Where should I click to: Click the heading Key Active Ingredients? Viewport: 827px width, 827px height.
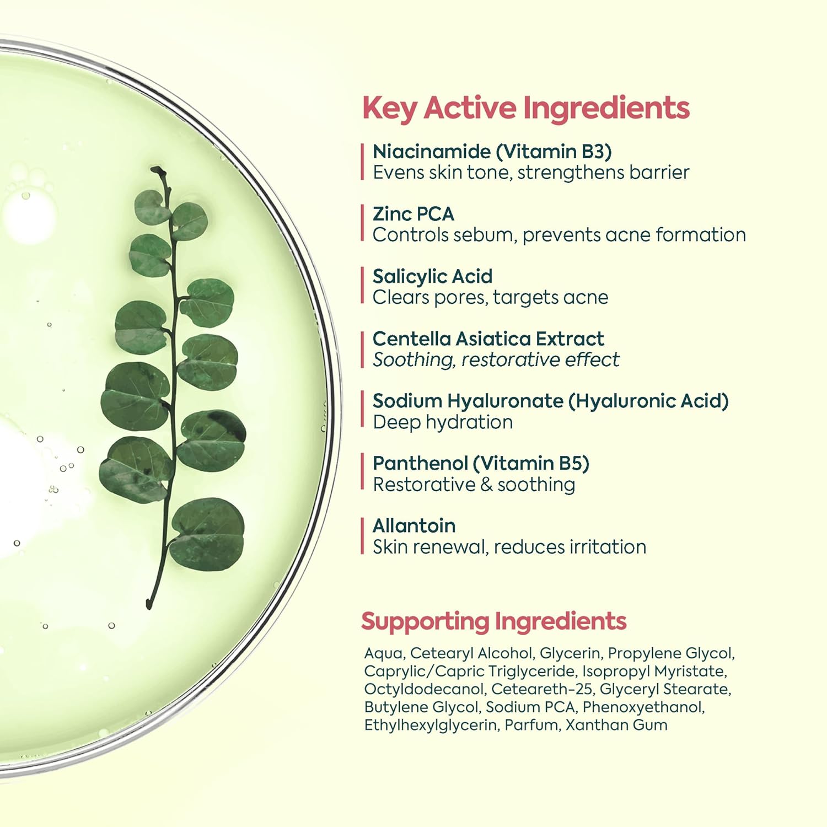526,108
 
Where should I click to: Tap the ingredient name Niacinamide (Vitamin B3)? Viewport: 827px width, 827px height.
492,152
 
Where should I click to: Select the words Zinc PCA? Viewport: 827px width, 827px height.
413,214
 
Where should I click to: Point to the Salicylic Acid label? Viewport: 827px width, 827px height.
433,276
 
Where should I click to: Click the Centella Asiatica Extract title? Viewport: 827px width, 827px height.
488,339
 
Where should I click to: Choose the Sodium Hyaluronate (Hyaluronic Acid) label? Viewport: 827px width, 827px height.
551,401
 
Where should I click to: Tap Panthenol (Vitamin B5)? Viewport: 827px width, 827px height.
481,464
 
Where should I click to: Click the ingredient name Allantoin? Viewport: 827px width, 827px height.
414,526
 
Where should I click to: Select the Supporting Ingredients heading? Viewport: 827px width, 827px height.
494,621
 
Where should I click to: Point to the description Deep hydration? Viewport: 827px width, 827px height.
443,422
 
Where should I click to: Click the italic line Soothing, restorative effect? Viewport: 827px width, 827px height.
496,360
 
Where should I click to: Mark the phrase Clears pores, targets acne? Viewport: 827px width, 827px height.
491,298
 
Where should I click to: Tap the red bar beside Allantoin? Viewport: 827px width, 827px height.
362,535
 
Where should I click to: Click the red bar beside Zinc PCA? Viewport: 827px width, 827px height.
362,223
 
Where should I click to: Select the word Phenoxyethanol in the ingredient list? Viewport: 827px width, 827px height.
643,707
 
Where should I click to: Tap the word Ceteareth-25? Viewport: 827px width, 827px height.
541,689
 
